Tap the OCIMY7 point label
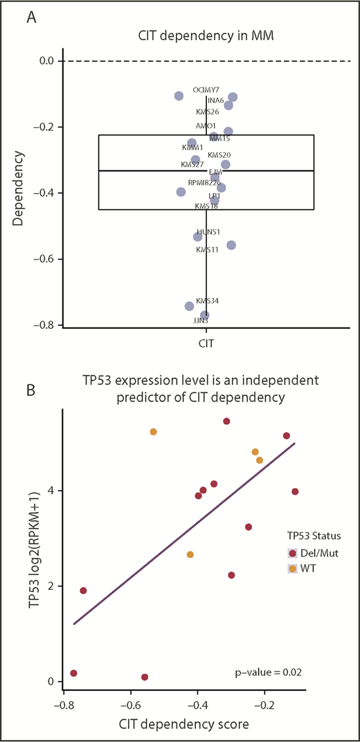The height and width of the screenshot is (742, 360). point(206,90)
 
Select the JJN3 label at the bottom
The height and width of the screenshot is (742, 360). point(201,320)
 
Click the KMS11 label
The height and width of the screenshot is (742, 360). point(208,249)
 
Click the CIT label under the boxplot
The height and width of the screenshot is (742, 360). point(206,343)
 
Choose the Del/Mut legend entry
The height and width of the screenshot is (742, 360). point(312,553)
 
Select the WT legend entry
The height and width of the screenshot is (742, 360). point(305,568)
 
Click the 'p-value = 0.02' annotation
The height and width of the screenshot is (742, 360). point(276,672)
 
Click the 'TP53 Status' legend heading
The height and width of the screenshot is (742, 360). point(314,536)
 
